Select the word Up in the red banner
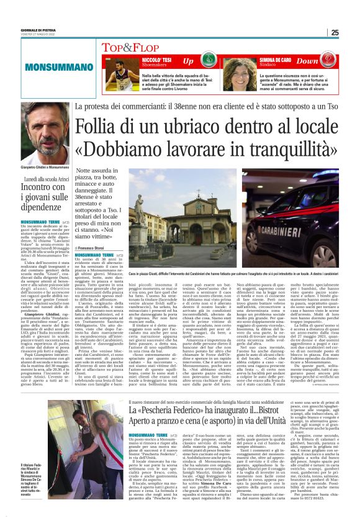[188, 61]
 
